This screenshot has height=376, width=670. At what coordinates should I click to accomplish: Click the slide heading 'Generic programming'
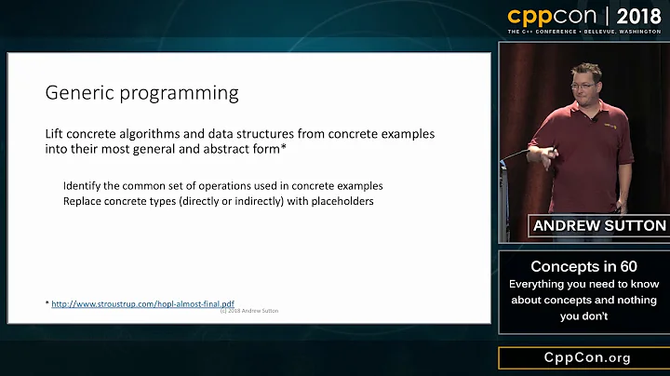141,94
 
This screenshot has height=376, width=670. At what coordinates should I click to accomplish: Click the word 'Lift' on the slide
54,134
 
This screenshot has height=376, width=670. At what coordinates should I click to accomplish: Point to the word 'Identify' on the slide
83,185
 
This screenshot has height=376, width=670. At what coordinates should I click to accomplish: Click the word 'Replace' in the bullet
84,201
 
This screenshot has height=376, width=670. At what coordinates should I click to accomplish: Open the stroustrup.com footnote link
142,303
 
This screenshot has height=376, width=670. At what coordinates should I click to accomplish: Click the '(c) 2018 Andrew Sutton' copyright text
248,311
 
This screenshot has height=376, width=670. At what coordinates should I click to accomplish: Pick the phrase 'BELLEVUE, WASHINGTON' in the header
626,32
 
